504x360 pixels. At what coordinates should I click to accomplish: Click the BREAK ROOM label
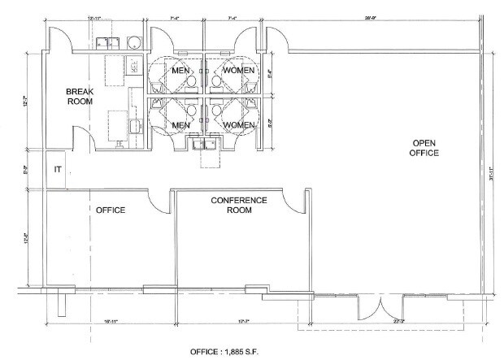[x=79, y=98]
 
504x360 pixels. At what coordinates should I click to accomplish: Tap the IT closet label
[x=58, y=169]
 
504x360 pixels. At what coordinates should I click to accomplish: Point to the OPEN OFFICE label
[x=424, y=147]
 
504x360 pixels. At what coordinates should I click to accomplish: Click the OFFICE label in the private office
[x=110, y=210]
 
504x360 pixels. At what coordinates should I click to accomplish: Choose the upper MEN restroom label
[x=181, y=71]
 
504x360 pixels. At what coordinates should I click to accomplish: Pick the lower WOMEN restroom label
[x=238, y=125]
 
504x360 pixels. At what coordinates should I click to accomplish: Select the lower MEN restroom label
[x=181, y=125]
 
